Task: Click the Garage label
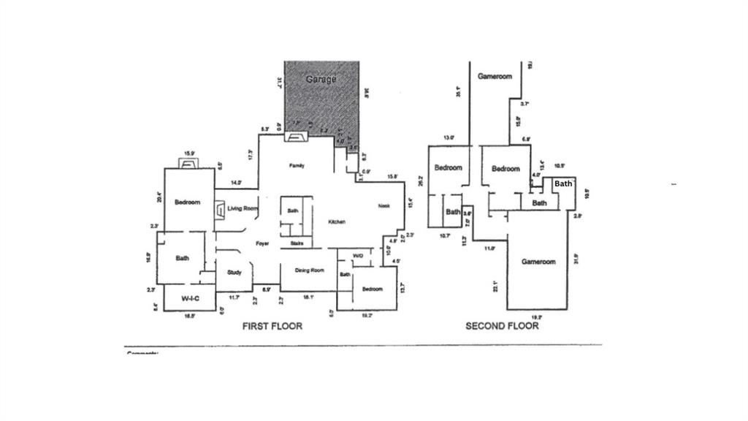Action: coord(321,78)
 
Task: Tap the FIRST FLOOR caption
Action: coord(272,326)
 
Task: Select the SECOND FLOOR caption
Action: coord(502,326)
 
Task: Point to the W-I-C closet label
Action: coord(191,298)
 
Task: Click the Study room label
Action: coord(234,273)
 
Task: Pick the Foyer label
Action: coord(263,243)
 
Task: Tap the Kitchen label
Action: coord(336,221)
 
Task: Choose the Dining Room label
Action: coord(309,270)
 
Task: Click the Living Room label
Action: coord(243,209)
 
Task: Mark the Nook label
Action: coord(383,205)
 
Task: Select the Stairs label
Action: coord(297,243)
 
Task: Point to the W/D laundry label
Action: coord(358,256)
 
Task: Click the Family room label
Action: coord(296,166)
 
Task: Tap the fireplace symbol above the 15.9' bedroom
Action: coord(188,163)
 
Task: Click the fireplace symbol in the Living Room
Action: coord(220,210)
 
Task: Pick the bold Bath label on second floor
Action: coord(562,183)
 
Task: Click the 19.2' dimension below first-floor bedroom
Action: coord(367,316)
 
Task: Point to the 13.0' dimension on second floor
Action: coord(449,137)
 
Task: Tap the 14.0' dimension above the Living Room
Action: coord(236,182)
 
